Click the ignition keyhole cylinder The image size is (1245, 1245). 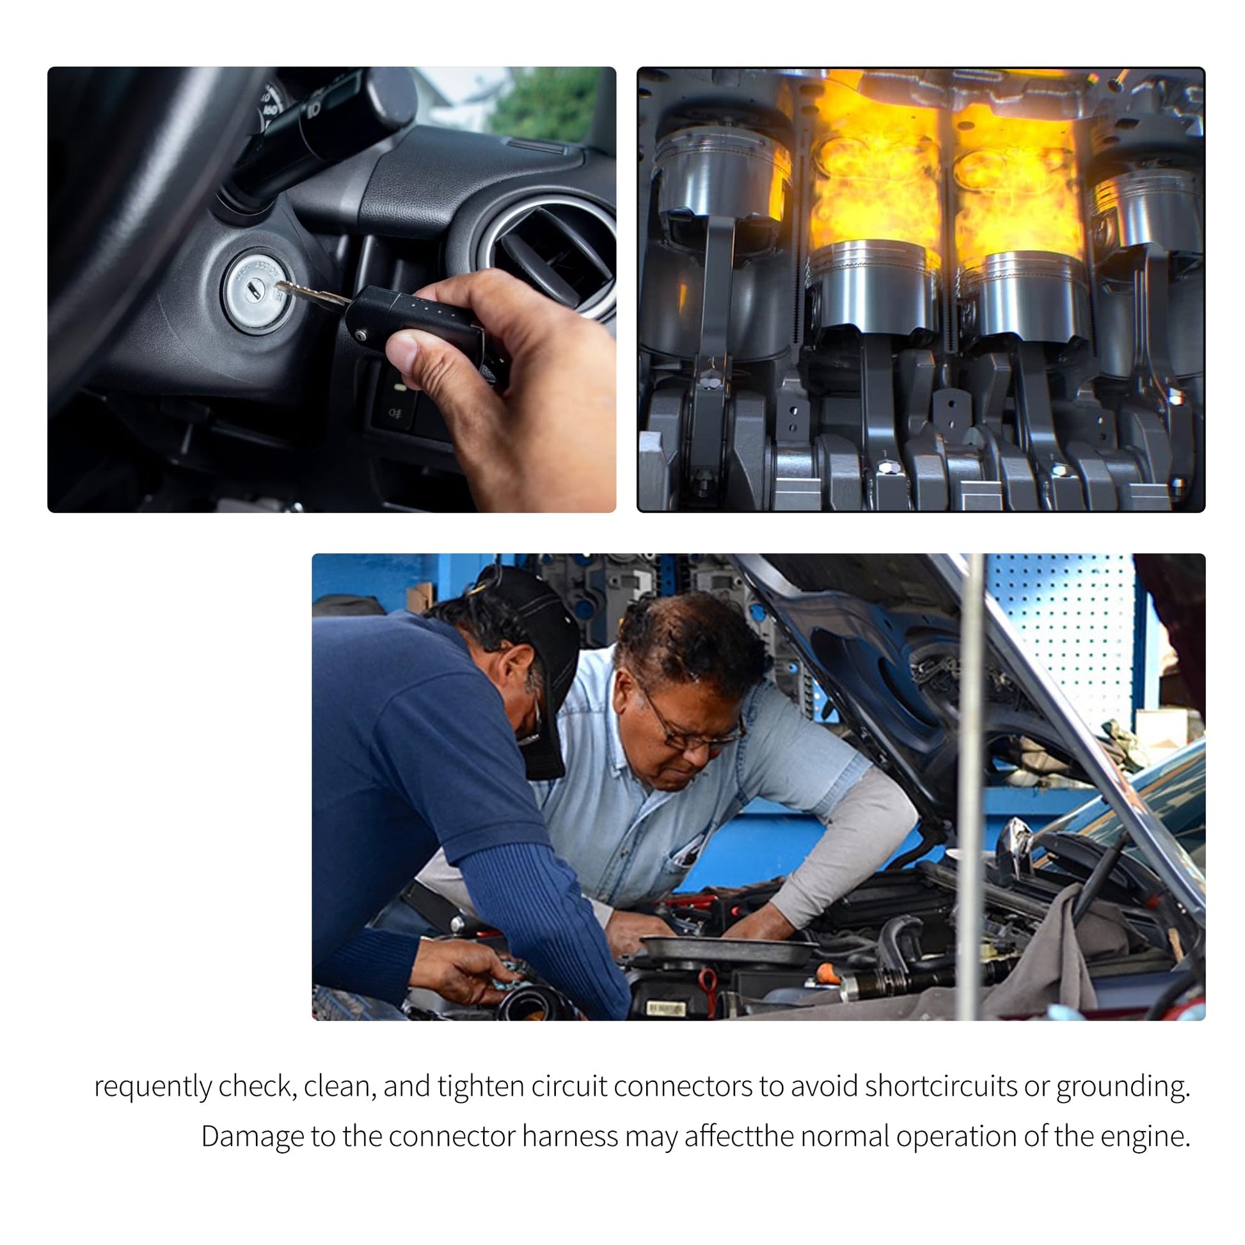pyautogui.click(x=258, y=290)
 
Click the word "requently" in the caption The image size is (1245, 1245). pyautogui.click(x=153, y=1086)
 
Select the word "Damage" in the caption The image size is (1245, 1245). pyautogui.click(x=252, y=1136)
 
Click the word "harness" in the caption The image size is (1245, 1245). pyautogui.click(x=569, y=1136)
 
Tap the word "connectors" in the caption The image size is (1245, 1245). pyautogui.click(x=683, y=1086)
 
